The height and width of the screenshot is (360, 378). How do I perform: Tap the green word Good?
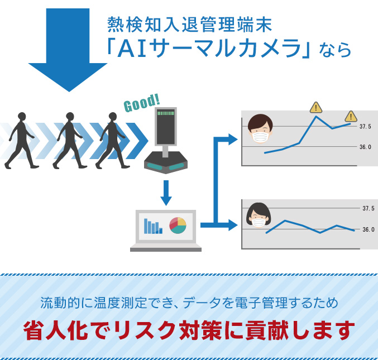click(x=142, y=103)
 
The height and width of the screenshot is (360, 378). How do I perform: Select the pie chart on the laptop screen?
click(x=178, y=225)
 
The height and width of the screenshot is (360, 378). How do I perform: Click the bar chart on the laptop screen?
click(x=153, y=226)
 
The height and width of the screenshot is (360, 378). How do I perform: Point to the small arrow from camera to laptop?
click(x=166, y=193)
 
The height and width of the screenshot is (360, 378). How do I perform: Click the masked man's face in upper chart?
click(x=260, y=129)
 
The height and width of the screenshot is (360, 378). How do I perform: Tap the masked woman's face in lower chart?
click(x=259, y=215)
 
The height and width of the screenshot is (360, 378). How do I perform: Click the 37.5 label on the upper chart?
click(x=365, y=127)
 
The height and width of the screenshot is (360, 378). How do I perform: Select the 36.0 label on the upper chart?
click(x=365, y=147)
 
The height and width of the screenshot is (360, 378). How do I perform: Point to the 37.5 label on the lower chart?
click(x=369, y=208)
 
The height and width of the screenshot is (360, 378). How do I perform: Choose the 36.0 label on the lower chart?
click(x=369, y=229)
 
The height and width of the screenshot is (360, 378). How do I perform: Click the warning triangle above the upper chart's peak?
click(x=316, y=108)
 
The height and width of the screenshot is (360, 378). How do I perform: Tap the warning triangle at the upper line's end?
click(x=351, y=117)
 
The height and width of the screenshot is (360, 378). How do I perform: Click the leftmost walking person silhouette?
click(x=21, y=141)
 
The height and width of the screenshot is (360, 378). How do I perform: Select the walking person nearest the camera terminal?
click(x=112, y=141)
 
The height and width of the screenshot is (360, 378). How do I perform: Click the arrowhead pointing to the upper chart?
click(x=233, y=140)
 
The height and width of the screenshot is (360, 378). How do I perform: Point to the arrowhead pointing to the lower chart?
click(x=233, y=225)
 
